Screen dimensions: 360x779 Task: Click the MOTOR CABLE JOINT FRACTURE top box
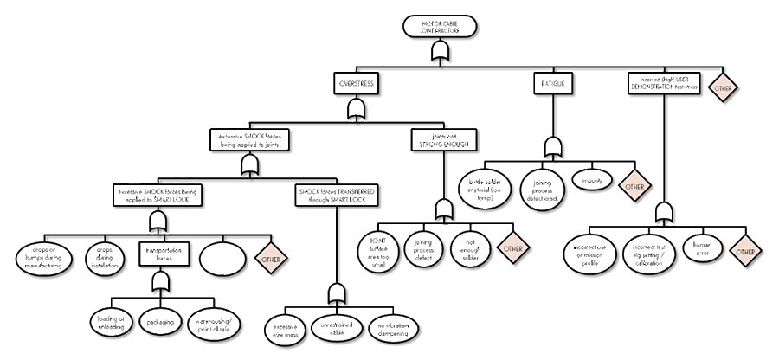tap(440, 26)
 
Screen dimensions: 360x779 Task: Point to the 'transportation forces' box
tap(161, 252)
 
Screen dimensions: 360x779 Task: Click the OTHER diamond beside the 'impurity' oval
tap(634, 186)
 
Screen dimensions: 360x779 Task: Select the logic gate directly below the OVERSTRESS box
tap(355, 109)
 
